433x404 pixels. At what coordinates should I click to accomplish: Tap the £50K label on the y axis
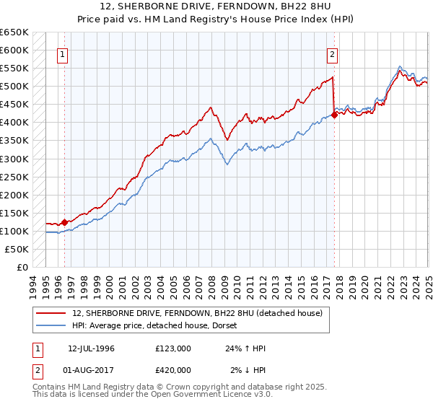point(16,249)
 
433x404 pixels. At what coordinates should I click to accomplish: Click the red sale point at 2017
point(335,115)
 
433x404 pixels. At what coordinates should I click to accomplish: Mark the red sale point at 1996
point(64,222)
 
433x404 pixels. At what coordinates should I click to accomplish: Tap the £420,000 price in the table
point(172,369)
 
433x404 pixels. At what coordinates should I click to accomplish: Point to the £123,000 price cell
point(172,348)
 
